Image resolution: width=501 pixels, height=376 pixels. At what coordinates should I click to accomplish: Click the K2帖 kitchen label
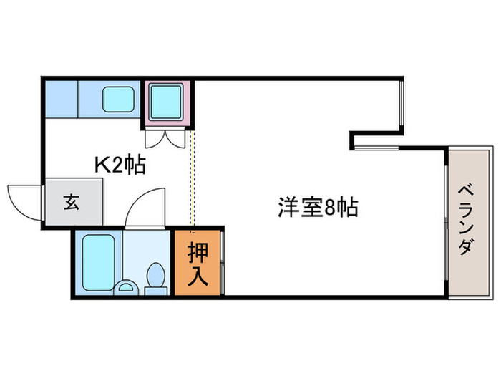(120, 164)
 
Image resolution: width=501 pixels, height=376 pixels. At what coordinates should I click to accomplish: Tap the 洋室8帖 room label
(318, 207)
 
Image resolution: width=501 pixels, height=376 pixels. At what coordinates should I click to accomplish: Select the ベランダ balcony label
(466, 220)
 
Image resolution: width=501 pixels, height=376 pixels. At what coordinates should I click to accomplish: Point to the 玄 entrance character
(72, 202)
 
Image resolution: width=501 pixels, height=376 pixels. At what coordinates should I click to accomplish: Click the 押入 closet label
(198, 264)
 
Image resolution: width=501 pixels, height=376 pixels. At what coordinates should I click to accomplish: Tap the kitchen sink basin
(118, 99)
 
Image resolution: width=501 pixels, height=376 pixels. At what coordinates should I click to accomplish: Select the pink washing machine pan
(167, 103)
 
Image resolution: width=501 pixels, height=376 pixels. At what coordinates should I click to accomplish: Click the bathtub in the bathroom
(99, 263)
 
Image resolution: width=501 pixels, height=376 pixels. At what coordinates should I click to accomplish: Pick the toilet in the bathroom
(156, 278)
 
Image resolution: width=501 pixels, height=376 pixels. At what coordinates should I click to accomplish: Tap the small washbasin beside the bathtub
(126, 287)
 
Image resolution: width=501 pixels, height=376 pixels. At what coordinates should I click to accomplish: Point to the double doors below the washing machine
(165, 138)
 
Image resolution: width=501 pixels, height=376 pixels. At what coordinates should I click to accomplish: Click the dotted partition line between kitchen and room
(192, 179)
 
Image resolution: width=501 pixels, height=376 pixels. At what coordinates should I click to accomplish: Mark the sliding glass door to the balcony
(446, 223)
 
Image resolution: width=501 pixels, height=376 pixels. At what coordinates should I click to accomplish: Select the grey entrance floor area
(74, 201)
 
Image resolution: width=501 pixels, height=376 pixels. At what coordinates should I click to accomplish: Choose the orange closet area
(198, 263)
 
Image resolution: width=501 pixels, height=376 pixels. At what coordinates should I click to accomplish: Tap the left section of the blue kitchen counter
(62, 99)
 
